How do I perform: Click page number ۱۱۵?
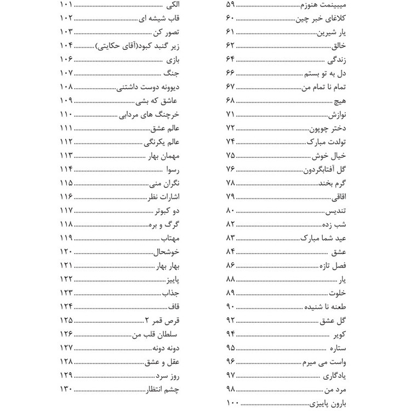tap(66, 182)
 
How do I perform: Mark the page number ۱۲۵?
tap(66, 319)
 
